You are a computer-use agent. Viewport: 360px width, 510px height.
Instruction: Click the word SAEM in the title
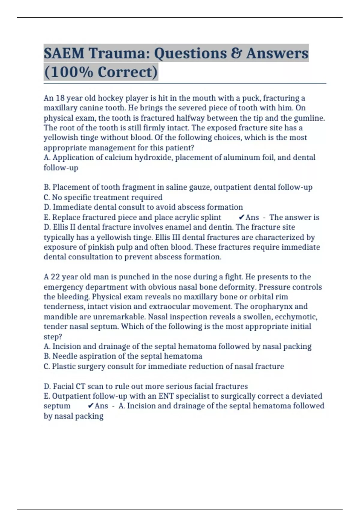click(x=64, y=53)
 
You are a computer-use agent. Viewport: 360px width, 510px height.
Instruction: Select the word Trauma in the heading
click(x=118, y=53)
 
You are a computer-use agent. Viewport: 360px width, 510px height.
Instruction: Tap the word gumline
click(x=309, y=118)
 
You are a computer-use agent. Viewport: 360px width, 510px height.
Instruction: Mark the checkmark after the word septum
click(x=91, y=406)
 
